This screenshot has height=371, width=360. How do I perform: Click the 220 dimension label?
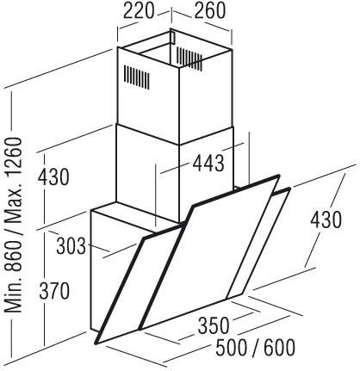point(139,10)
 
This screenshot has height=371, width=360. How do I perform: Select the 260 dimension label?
point(210,10)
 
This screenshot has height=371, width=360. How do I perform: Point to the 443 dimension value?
point(208,163)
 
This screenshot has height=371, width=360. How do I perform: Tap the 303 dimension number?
point(71,246)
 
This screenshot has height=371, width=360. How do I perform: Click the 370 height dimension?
point(54,291)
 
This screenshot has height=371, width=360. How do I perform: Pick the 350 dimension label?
point(214,325)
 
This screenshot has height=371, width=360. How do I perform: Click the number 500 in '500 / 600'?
point(232,347)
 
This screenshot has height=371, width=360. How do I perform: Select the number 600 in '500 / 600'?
point(279,347)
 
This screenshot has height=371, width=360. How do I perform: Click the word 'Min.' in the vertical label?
point(14,295)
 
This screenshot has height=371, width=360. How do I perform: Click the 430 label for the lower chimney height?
point(53,176)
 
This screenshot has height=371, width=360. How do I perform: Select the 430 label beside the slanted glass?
point(326,220)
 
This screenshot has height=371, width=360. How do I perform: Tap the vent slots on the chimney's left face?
point(137,77)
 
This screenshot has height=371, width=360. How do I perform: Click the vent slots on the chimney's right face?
point(189,59)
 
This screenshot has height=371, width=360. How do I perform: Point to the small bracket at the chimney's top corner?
point(172,38)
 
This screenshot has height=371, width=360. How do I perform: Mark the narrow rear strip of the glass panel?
point(258,244)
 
